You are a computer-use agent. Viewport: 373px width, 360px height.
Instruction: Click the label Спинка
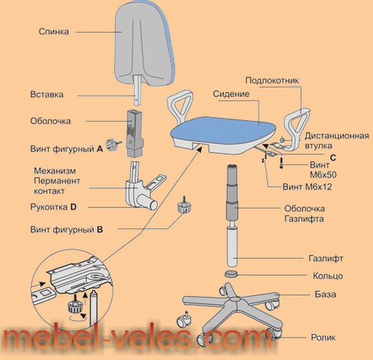(53, 31)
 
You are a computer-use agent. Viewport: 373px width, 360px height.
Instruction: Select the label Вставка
(46, 94)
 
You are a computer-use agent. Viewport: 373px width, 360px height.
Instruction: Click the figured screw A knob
(112, 145)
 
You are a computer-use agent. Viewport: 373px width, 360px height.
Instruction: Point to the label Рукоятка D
(53, 207)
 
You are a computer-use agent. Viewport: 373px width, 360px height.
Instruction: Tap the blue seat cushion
(222, 130)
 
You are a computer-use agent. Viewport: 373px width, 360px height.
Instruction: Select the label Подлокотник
(272, 81)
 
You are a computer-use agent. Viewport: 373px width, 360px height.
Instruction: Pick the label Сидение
(231, 94)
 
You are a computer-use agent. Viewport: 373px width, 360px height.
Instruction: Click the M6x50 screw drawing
(282, 162)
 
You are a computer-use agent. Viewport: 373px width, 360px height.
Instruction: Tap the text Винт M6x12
(307, 187)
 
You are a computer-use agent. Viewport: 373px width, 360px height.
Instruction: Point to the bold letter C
(333, 158)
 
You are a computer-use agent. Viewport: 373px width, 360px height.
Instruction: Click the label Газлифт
(326, 259)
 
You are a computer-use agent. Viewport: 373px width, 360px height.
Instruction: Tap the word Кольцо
(328, 276)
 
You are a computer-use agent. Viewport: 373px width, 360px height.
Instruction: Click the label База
(325, 295)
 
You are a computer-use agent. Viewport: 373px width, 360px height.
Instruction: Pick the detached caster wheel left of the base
(185, 320)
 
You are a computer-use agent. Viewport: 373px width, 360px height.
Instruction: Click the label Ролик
(324, 337)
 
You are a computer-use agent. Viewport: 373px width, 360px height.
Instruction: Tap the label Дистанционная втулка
(336, 141)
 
